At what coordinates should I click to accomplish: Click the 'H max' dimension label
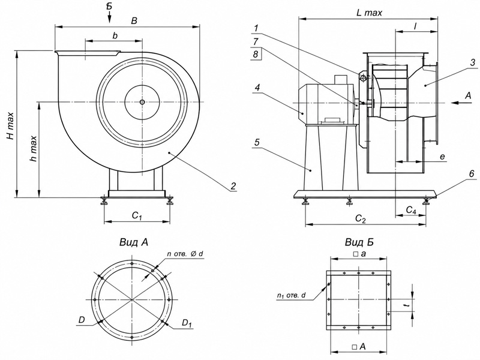pyautogui.click(x=11, y=127)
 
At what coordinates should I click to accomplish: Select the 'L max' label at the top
pyautogui.click(x=369, y=13)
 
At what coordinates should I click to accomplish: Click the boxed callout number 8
pyautogui.click(x=256, y=55)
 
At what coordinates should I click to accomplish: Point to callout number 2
pyautogui.click(x=233, y=186)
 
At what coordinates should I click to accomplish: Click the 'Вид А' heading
pyautogui.click(x=134, y=242)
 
